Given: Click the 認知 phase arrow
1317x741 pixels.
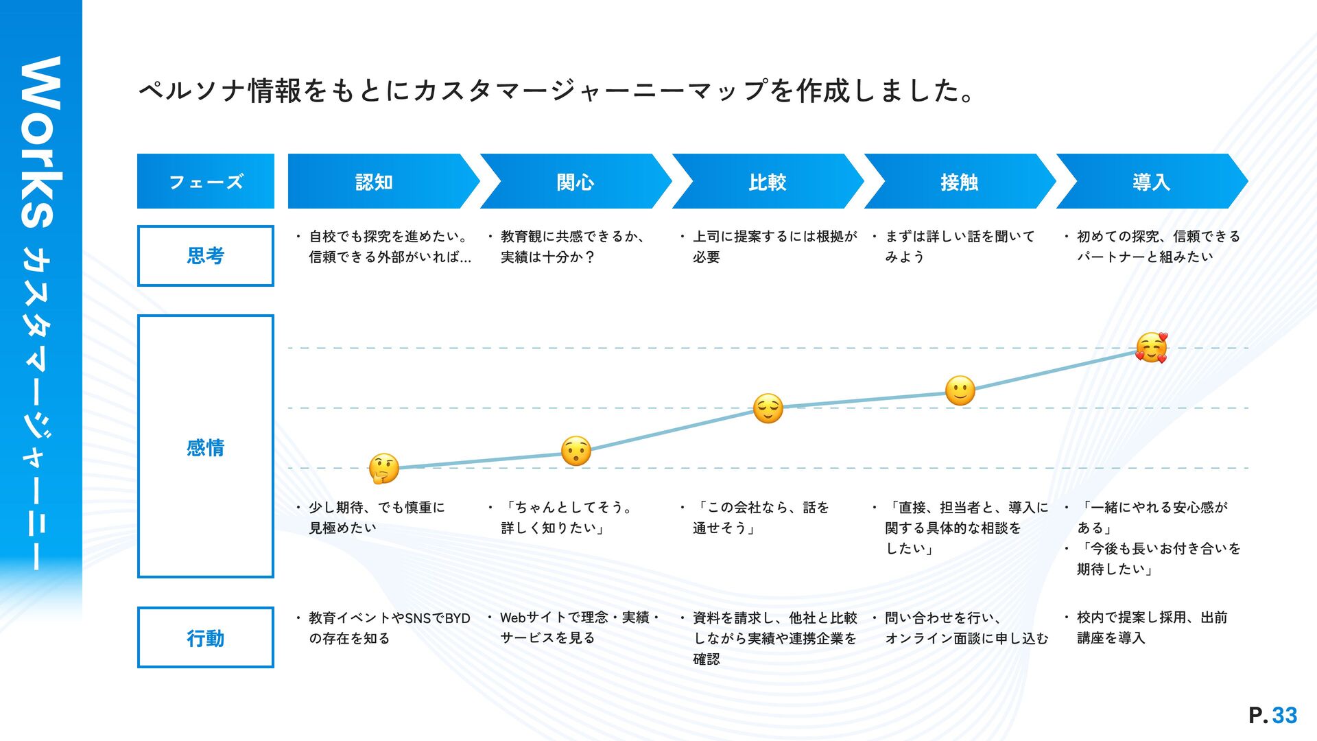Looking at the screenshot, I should (x=375, y=182).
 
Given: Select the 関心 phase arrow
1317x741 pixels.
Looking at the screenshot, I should (x=575, y=182).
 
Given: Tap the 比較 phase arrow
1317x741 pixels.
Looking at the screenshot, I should (x=767, y=182).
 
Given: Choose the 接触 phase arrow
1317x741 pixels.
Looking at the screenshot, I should (x=959, y=182).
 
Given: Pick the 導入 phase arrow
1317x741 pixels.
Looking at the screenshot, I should (x=1151, y=182).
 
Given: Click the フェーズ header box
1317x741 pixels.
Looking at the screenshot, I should (x=206, y=182).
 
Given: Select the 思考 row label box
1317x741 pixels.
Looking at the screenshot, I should (x=206, y=256).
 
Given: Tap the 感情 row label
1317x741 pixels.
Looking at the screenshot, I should (x=206, y=447).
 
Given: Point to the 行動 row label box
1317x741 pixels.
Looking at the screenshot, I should (x=206, y=638).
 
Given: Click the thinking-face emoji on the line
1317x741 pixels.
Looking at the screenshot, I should (x=383, y=469).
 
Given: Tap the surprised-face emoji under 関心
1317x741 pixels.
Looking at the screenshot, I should (x=576, y=451).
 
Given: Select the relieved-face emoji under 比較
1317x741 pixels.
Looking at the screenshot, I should (x=768, y=408).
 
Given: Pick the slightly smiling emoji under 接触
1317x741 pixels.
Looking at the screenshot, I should (x=960, y=390).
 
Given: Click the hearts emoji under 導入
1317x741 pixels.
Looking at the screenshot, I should (x=1151, y=348).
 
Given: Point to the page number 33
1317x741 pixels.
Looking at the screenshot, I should (x=1284, y=716).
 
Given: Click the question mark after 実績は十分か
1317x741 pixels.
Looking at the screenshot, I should (x=589, y=257).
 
